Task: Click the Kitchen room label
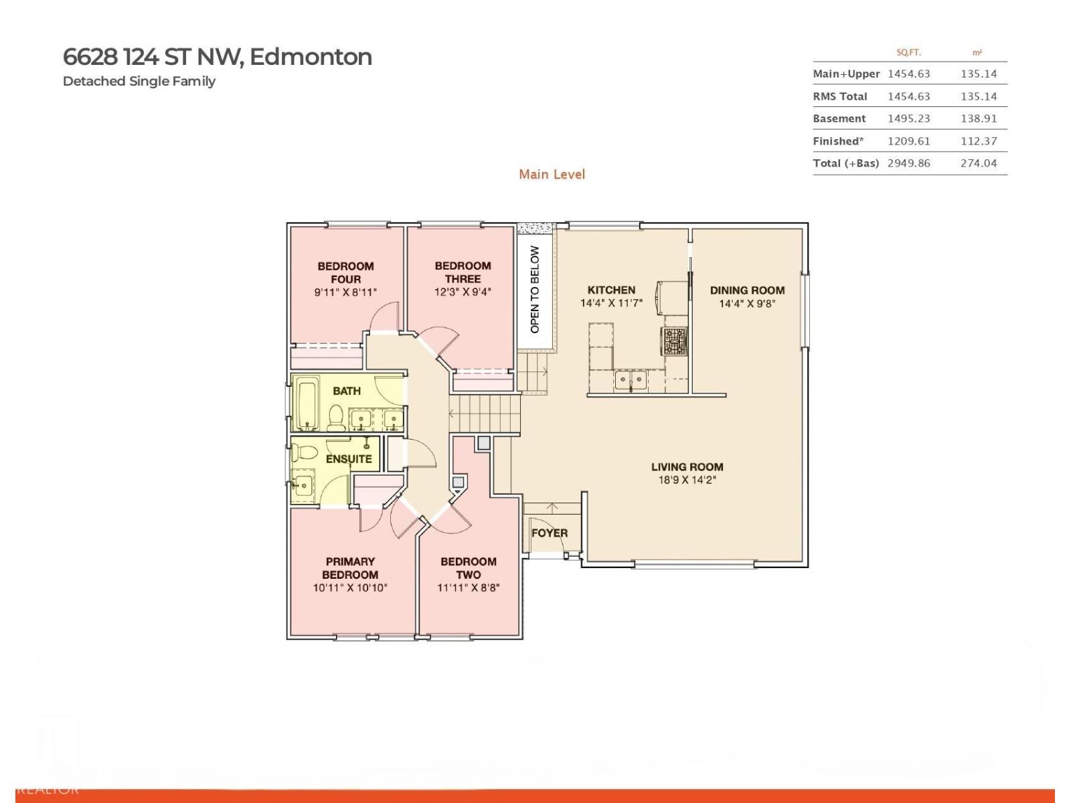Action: click(x=611, y=290)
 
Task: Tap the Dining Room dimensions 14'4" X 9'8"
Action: click(x=747, y=304)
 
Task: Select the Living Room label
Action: click(x=687, y=467)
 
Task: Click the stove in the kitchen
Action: click(x=675, y=341)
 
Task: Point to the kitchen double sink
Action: click(x=631, y=381)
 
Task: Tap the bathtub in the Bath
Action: click(x=309, y=404)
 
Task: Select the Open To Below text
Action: click(x=535, y=289)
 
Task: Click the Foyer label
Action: click(x=550, y=533)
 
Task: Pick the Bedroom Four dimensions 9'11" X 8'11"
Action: click(x=345, y=292)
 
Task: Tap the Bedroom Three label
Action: click(x=463, y=272)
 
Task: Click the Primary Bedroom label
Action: click(x=350, y=568)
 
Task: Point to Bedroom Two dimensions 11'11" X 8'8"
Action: click(x=469, y=588)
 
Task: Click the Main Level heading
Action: click(x=552, y=175)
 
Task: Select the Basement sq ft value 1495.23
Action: click(x=908, y=118)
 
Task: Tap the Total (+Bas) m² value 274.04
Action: click(x=978, y=163)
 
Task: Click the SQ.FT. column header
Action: click(x=908, y=52)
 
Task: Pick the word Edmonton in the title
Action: click(x=311, y=57)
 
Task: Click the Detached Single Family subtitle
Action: click(x=139, y=81)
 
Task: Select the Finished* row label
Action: click(x=838, y=141)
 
